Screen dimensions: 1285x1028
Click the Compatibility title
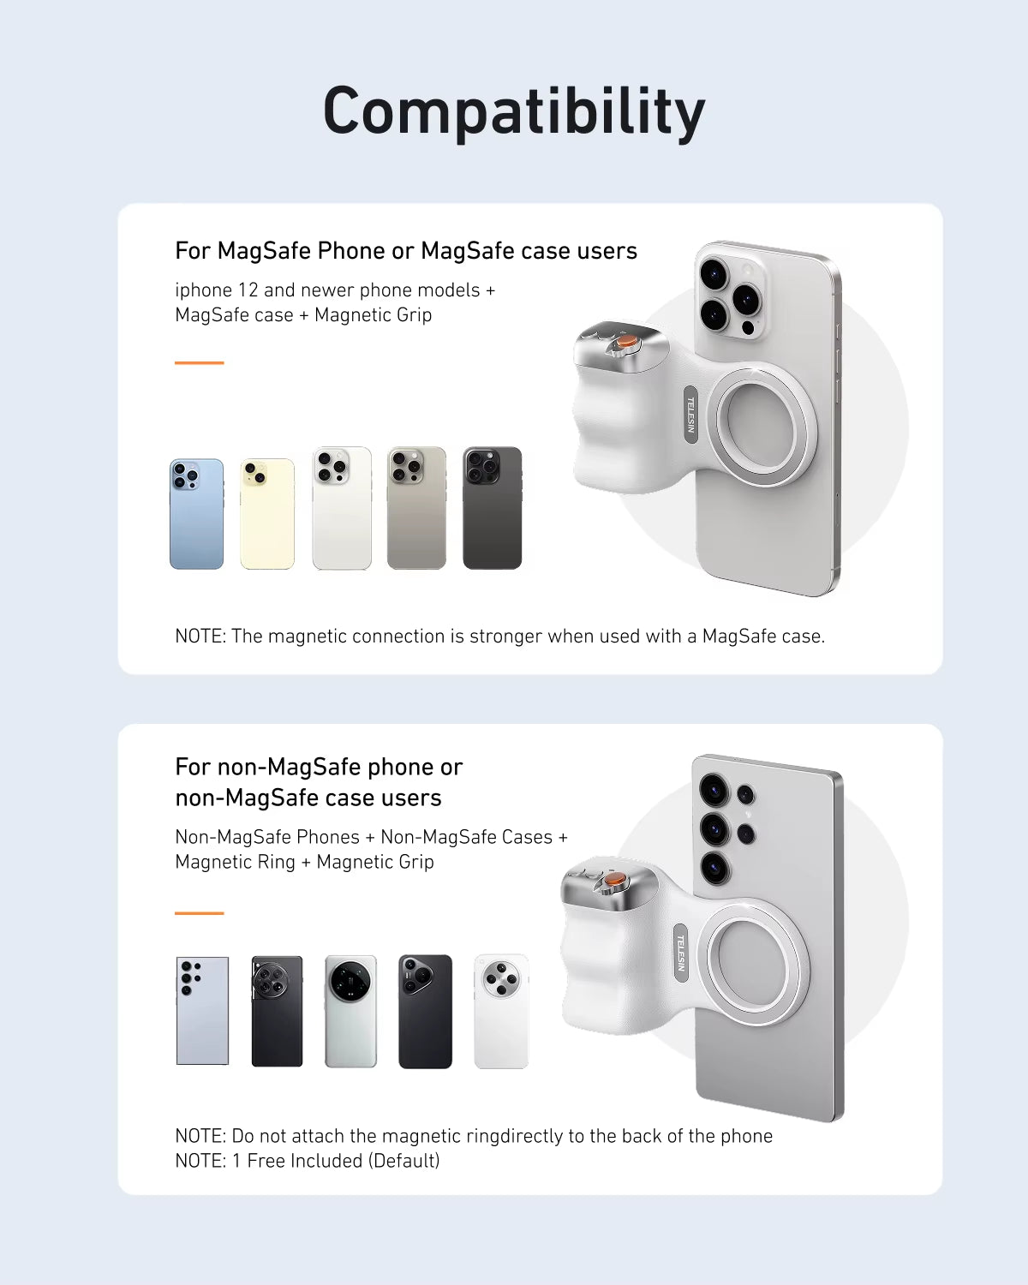pos(514,111)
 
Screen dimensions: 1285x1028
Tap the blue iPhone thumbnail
pos(196,514)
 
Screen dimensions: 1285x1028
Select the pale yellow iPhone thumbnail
pos(267,514)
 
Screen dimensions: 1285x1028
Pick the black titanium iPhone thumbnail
pos(492,508)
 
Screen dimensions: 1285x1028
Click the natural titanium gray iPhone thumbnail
pos(416,508)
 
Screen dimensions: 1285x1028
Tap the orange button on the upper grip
pos(628,341)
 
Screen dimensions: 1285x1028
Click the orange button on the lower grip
pos(615,880)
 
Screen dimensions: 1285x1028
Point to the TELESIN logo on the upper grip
pos(690,415)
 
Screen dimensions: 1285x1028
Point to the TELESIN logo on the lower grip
pos(681,953)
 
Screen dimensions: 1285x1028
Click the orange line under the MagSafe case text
pos(199,362)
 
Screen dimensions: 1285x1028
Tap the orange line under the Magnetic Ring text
pos(199,913)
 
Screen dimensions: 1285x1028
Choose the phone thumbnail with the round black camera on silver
pos(350,1011)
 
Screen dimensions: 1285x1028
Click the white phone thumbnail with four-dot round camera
pos(501,1011)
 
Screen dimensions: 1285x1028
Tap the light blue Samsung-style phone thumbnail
pos(202,1011)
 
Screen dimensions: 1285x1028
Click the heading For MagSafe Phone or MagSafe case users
pos(406,251)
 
